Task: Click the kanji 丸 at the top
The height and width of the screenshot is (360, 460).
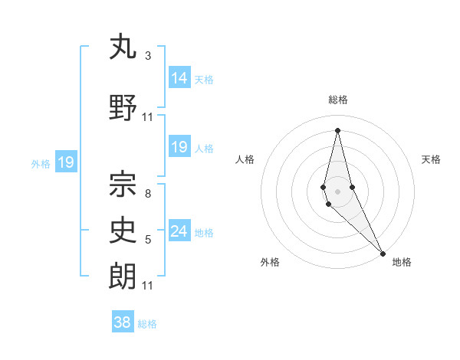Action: pyautogui.click(x=123, y=47)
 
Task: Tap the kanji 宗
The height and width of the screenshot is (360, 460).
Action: pyautogui.click(x=123, y=182)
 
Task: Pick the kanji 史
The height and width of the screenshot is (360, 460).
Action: pyautogui.click(x=123, y=229)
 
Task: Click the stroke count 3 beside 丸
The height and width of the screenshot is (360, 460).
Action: pyautogui.click(x=147, y=56)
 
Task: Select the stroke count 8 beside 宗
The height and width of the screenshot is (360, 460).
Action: pyautogui.click(x=147, y=194)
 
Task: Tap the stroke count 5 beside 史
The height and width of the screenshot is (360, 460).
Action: pyautogui.click(x=147, y=240)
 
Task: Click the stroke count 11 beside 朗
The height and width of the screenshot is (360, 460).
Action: pyautogui.click(x=147, y=286)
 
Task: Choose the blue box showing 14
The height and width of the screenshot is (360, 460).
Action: pyautogui.click(x=179, y=77)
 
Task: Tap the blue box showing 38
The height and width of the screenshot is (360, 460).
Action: pyautogui.click(x=122, y=322)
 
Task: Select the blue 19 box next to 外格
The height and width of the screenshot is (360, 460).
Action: pyautogui.click(x=65, y=162)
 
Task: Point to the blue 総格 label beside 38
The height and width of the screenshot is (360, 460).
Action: pyautogui.click(x=147, y=324)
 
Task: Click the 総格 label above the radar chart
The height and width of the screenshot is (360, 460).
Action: pyautogui.click(x=337, y=100)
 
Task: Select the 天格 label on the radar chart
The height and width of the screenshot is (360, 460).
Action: pyautogui.click(x=431, y=159)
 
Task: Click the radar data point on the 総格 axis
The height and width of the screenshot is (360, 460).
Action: pyautogui.click(x=337, y=130)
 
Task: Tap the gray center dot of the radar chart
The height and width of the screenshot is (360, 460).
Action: pyautogui.click(x=337, y=191)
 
